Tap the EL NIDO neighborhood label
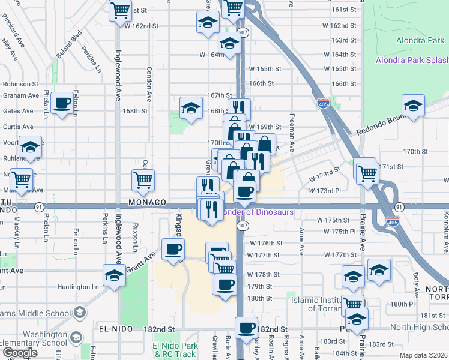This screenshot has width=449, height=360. coord(112,329)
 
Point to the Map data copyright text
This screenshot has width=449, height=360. coord(423,355)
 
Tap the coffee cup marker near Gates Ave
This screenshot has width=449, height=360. coord(62,104)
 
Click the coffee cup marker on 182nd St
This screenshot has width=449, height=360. coord(246,328)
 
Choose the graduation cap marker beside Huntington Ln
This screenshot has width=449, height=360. coord(114,275)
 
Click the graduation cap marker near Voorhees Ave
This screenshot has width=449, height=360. coord(29,146)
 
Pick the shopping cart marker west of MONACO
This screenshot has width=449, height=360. coord(143,179)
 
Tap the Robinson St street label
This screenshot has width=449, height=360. coord(20,85)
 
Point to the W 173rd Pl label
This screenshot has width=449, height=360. coord(324,190)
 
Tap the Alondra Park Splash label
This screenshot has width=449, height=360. coord(412,61)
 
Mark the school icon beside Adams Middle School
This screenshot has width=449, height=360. coord(79,312)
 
